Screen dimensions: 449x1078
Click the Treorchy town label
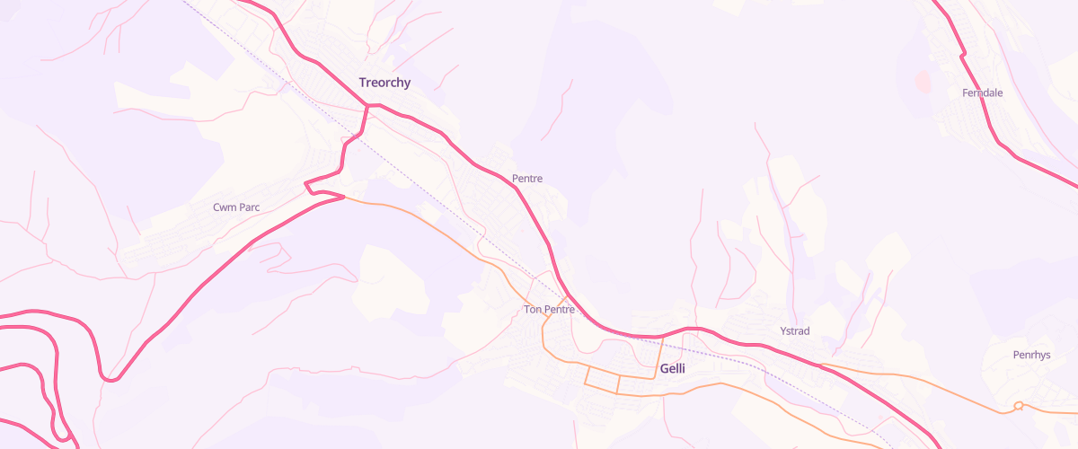coord(384,83)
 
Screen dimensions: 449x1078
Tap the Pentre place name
coord(526,179)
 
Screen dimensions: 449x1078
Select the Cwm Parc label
coord(236,207)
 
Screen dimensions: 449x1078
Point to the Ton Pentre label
coord(548,310)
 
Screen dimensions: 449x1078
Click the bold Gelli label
coord(672,369)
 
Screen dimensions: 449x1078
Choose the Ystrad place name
coord(794,331)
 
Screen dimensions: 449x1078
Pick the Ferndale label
coord(982,92)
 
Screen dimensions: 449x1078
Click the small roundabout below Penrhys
coord(1018,407)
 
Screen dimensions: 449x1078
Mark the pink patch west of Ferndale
coord(923,82)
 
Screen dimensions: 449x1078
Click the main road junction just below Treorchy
coord(368,106)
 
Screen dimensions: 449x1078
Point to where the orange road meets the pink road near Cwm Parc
coord(344,198)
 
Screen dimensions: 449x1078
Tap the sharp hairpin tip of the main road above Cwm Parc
coord(307,186)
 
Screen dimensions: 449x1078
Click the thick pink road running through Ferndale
coord(982,112)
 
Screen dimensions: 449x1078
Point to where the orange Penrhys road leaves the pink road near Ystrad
coord(822,365)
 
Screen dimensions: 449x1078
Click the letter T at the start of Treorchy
coord(363,83)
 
